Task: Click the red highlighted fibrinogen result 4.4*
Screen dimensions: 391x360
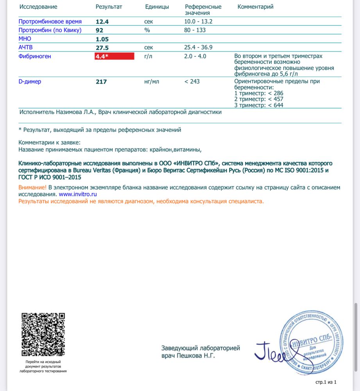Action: point(114,56)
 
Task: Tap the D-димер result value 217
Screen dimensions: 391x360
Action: point(101,82)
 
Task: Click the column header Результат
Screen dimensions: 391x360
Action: point(109,7)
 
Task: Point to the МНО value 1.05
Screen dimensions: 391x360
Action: point(102,39)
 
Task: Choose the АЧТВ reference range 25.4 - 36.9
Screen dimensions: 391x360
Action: point(198,47)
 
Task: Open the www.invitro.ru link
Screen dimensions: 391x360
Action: point(78,194)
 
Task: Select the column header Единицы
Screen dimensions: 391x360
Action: point(157,7)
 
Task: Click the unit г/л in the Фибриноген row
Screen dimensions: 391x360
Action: point(148,56)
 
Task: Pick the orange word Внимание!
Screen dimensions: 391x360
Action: point(32,188)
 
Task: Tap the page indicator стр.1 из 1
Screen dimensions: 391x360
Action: point(326,382)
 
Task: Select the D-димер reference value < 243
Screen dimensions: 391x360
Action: point(193,81)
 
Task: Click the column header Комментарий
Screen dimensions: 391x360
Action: point(255,7)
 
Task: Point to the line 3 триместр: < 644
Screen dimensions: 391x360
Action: point(259,105)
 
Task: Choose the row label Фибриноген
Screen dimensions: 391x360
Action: point(35,56)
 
